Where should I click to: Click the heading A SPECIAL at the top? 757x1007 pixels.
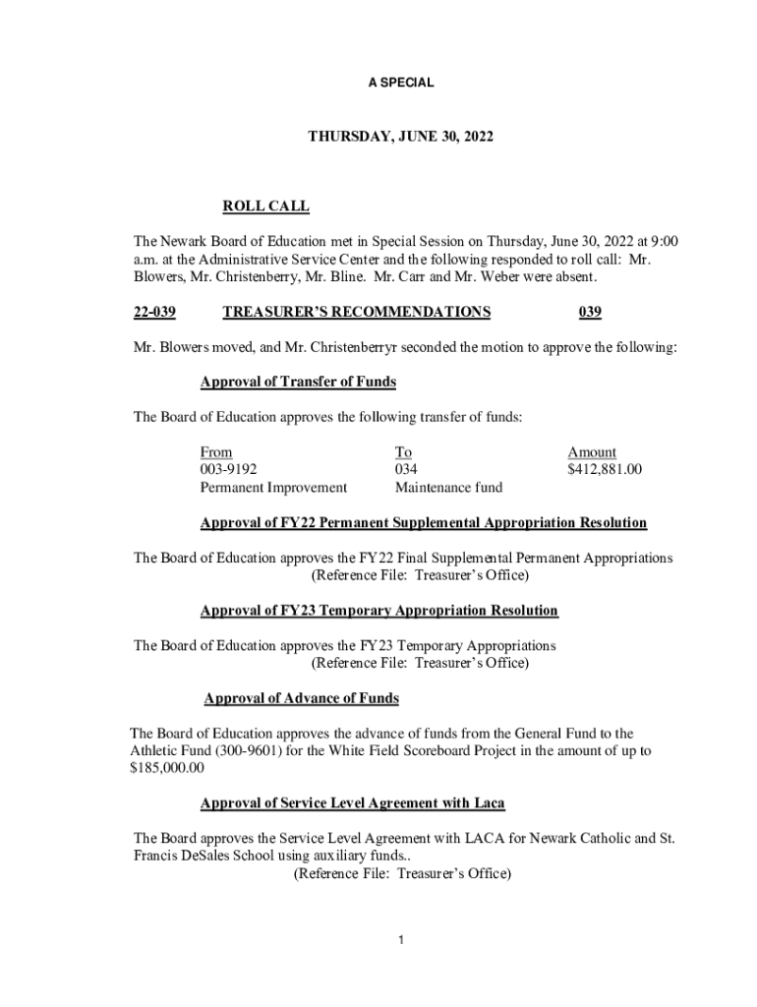tap(400, 84)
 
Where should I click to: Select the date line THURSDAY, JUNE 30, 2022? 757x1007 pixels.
tap(399, 140)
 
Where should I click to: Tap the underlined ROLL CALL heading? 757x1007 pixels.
tap(265, 206)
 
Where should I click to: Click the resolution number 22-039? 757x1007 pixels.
tap(154, 312)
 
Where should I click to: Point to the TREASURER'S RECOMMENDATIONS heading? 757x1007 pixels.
tap(357, 312)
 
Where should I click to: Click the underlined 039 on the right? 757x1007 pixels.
tap(590, 312)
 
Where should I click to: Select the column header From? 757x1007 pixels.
tap(216, 452)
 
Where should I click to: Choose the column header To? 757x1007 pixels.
tap(403, 452)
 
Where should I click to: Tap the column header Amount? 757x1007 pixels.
tap(592, 452)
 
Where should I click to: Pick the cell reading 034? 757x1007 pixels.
tap(407, 470)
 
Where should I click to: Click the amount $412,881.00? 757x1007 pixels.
tap(605, 470)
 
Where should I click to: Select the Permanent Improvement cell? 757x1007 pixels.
tap(273, 487)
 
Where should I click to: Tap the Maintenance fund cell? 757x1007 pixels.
tap(448, 487)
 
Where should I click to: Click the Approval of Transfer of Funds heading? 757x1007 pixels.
tap(298, 382)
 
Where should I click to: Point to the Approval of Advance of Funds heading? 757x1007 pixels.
tap(301, 698)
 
